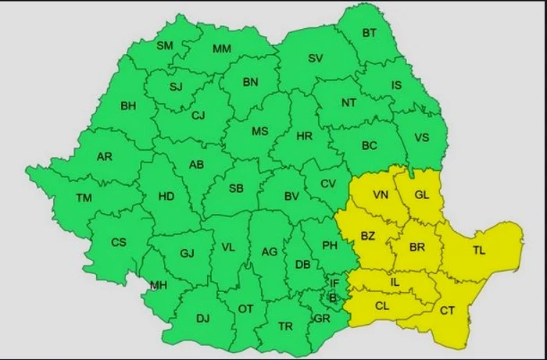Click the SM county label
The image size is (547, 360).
165,46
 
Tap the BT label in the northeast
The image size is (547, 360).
368,33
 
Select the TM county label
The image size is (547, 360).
84,198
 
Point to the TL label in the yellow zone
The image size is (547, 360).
479,251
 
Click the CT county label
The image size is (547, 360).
447,310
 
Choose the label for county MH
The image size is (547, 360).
159,285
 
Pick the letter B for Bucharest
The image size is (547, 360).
332,297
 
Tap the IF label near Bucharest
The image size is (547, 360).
334,283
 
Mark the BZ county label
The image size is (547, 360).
368,234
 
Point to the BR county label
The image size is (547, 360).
417,247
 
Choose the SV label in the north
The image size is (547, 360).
316,59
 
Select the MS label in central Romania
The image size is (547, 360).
259,132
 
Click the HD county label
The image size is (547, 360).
166,197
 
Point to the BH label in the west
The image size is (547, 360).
128,105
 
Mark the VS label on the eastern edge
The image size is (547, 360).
422,138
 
